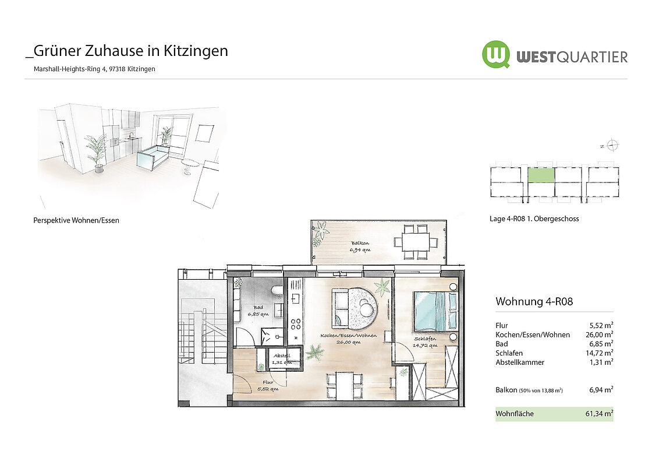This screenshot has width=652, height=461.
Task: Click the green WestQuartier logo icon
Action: [x=496, y=54]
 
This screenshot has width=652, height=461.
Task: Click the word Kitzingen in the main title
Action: [x=196, y=51]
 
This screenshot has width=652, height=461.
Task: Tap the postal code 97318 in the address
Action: [x=117, y=69]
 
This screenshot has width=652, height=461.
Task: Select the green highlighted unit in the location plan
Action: [x=541, y=175]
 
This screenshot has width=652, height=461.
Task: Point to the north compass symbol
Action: [x=612, y=145]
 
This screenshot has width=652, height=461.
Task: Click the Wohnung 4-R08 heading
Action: [x=534, y=301]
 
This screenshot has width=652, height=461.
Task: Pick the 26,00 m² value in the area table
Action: [x=600, y=335]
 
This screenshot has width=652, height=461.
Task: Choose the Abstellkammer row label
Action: [x=520, y=363]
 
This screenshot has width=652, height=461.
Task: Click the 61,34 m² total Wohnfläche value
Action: [x=600, y=414]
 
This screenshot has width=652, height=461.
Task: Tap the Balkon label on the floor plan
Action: [x=360, y=243]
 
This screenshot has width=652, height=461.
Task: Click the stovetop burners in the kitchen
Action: [x=296, y=324]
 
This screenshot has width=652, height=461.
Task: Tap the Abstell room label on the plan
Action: [x=282, y=356]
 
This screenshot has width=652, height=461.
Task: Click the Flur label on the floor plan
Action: [x=268, y=382]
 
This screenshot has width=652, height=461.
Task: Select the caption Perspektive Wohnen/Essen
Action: [x=76, y=220]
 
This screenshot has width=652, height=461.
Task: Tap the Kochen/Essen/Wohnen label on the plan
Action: [x=349, y=335]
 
